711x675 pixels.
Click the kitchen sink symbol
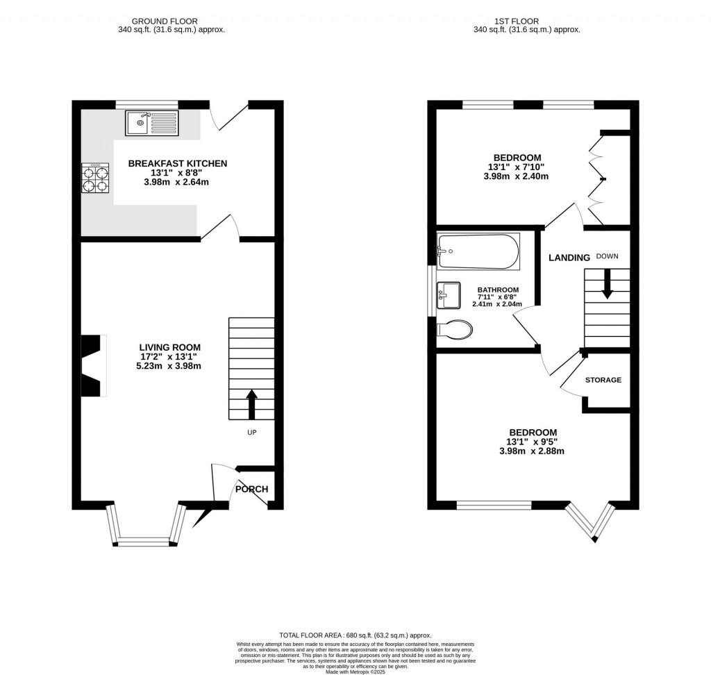point(152,123)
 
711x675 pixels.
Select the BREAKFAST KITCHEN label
point(177,164)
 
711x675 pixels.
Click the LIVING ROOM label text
point(169,347)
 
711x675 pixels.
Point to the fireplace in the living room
point(92,366)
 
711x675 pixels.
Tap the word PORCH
point(251,489)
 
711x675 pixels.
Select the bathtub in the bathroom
point(478,251)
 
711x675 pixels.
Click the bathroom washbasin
point(449,295)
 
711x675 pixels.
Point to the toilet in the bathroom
point(454,329)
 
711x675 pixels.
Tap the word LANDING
point(569,258)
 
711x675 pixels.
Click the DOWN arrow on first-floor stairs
point(607,285)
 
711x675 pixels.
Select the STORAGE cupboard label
point(603,380)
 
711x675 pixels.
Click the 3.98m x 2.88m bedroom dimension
point(532,451)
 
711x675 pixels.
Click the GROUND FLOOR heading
point(171,21)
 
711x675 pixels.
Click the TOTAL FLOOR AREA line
point(355,635)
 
